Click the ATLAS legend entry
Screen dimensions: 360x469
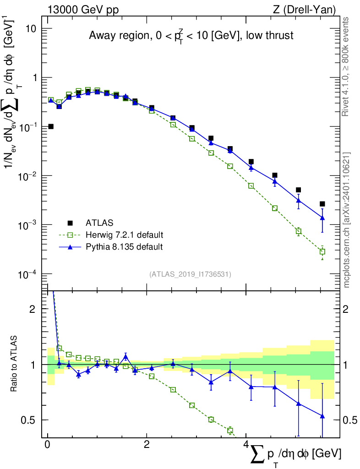pyautogui.click(x=90, y=223)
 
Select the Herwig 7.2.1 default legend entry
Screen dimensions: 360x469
pyautogui.click(x=111, y=235)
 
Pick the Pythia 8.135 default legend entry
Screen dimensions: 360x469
pyautogui.click(x=111, y=247)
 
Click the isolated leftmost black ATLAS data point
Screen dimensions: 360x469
pyautogui.click(x=51, y=126)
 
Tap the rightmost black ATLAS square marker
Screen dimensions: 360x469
pyautogui.click(x=322, y=204)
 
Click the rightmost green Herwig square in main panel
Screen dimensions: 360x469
pyautogui.click(x=322, y=251)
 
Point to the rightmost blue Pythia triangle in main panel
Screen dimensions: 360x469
pyautogui.click(x=322, y=218)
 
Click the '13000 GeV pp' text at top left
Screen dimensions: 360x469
pyautogui.click(x=83, y=10)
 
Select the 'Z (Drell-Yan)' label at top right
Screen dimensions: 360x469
pyautogui.click(x=304, y=10)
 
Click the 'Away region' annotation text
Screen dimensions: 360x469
pyautogui.click(x=119, y=36)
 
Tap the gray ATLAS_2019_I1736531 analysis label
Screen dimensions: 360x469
pyautogui.click(x=190, y=274)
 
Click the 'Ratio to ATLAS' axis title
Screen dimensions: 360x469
pyautogui.click(x=14, y=364)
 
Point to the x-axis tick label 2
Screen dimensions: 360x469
pyautogui.click(x=147, y=444)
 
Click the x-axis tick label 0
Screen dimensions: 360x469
pyautogui.click(x=47, y=444)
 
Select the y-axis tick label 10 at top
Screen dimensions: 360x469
pyautogui.click(x=30, y=29)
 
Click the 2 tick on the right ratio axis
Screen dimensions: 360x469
pyautogui.click(x=345, y=309)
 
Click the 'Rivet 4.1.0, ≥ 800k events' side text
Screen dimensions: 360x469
pyautogui.click(x=345, y=67)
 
